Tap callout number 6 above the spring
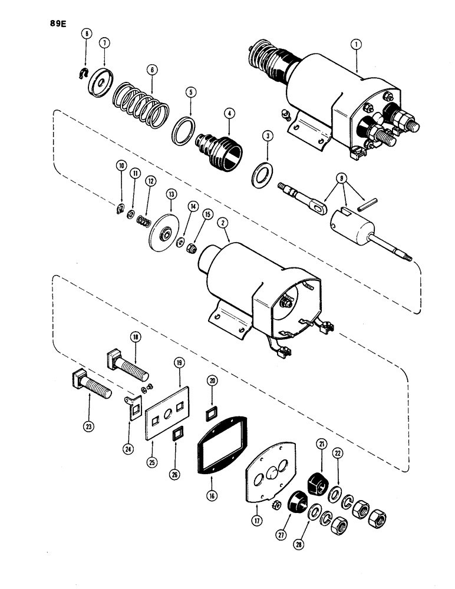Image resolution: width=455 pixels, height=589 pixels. (152, 69)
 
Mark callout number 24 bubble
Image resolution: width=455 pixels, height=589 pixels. (128, 447)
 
